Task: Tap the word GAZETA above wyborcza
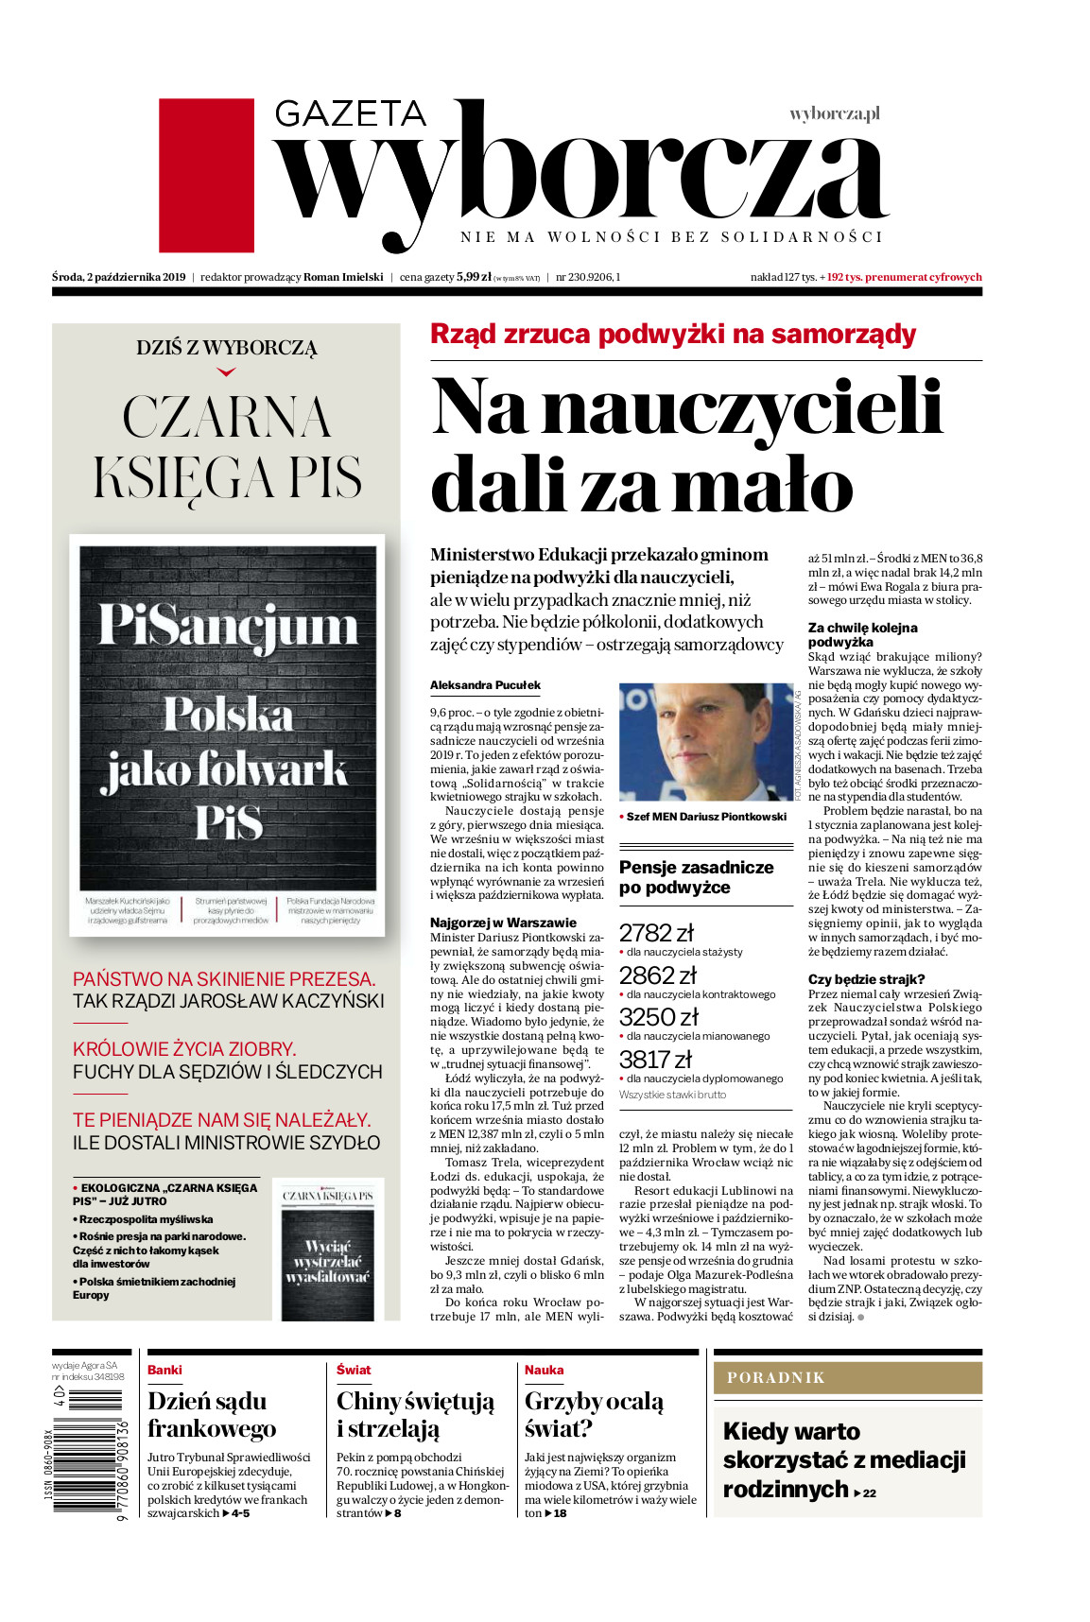(350, 114)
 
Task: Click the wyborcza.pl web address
(834, 114)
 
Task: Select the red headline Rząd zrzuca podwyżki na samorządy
(672, 334)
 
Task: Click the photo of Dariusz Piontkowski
(705, 742)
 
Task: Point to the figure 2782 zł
(656, 933)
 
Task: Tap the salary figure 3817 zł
(655, 1060)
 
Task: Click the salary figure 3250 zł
(658, 1017)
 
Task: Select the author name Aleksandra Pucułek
(485, 685)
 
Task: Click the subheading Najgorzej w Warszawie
(503, 923)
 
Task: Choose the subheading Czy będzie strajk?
(866, 979)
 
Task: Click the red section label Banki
(164, 1370)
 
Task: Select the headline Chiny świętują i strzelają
(414, 1414)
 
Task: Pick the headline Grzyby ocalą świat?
(594, 1414)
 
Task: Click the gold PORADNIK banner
(847, 1377)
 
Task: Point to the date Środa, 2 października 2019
(119, 277)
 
